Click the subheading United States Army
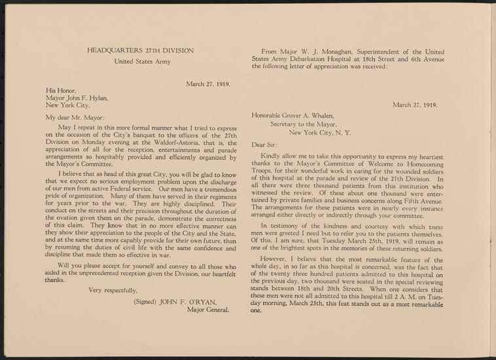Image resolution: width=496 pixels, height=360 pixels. click(x=143, y=62)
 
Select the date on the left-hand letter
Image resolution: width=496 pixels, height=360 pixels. click(x=208, y=84)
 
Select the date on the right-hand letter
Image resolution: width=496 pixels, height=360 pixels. click(x=415, y=103)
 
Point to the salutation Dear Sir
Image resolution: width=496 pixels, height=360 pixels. click(x=264, y=144)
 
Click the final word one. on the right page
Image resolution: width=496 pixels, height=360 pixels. click(x=257, y=312)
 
